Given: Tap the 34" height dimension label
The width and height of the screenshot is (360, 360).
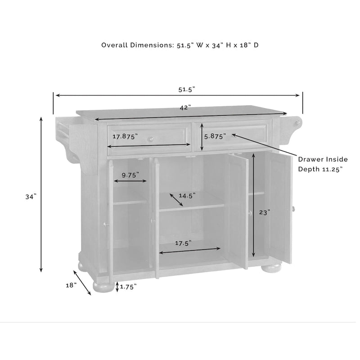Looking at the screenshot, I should click(x=30, y=197).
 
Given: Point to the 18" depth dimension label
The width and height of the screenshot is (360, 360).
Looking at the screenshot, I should click(x=71, y=285).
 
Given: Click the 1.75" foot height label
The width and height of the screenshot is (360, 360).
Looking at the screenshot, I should click(x=128, y=286).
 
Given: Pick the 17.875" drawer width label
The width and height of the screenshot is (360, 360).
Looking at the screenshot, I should click(x=125, y=136).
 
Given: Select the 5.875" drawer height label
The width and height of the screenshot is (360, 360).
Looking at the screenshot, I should click(x=215, y=136).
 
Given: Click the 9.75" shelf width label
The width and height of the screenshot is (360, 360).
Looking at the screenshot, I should click(x=130, y=175).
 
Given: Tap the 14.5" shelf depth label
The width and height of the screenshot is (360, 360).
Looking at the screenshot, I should click(x=187, y=196).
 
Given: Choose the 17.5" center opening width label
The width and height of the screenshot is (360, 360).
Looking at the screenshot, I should click(x=183, y=243).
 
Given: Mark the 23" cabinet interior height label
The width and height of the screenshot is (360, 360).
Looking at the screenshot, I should click(x=264, y=213).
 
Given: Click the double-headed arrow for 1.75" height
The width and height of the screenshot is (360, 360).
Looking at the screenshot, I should click(x=117, y=287).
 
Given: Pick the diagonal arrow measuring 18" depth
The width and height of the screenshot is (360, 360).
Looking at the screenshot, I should click(x=82, y=283).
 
